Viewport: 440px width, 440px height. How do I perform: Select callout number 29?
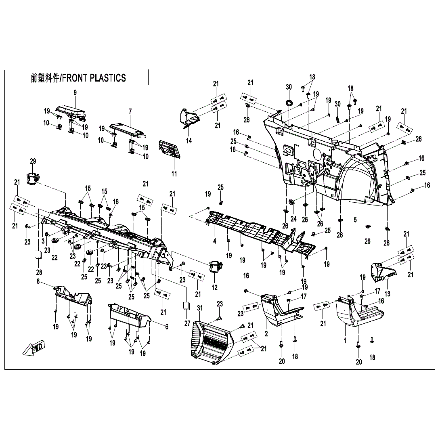coord(33,161)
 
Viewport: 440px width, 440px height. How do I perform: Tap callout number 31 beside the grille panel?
coord(199,308)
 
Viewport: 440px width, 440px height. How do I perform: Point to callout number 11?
coord(174,174)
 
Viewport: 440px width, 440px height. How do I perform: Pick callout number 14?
coord(189,140)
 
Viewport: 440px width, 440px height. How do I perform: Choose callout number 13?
coord(387,294)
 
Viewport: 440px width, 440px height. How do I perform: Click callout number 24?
coord(293,219)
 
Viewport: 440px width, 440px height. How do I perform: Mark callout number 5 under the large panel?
coord(355,220)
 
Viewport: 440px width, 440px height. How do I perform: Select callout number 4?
coord(214,241)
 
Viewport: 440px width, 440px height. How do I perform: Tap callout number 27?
coord(187,323)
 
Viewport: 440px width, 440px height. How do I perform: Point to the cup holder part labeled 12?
coord(215,267)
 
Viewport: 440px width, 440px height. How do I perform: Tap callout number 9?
coord(75,93)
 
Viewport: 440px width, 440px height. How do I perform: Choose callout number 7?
coord(130,111)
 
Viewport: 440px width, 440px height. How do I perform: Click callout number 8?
coord(38,282)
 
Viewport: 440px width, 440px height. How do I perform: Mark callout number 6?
coord(166,327)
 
